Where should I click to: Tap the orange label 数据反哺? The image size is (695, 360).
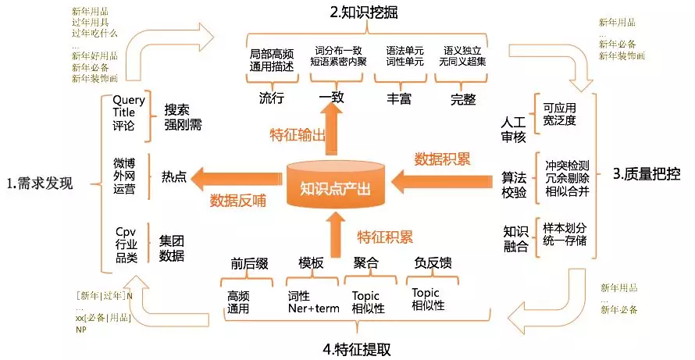click(x=238, y=200)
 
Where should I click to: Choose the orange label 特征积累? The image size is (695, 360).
click(x=386, y=236)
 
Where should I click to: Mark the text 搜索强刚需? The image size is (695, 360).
click(x=180, y=116)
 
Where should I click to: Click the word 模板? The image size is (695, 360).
click(x=311, y=263)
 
